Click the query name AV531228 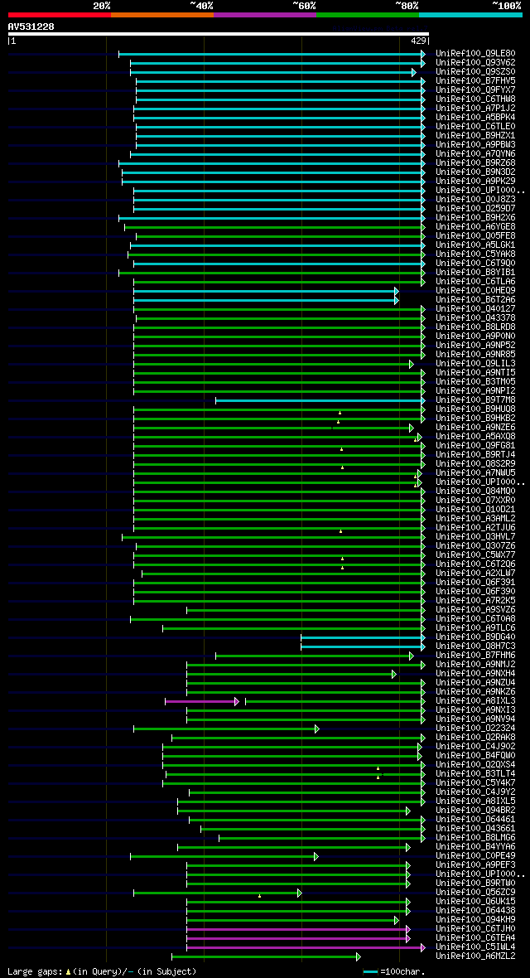coord(31,27)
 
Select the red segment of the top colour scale coord(59,14)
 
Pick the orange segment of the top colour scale coord(161,14)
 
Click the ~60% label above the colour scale coord(304,5)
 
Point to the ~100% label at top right coord(507,5)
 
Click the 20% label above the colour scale coord(102,5)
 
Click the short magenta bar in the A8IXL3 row coord(201,701)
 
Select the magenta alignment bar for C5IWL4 coord(304,947)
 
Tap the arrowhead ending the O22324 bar coord(316,729)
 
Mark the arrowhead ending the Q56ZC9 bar coord(299,893)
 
